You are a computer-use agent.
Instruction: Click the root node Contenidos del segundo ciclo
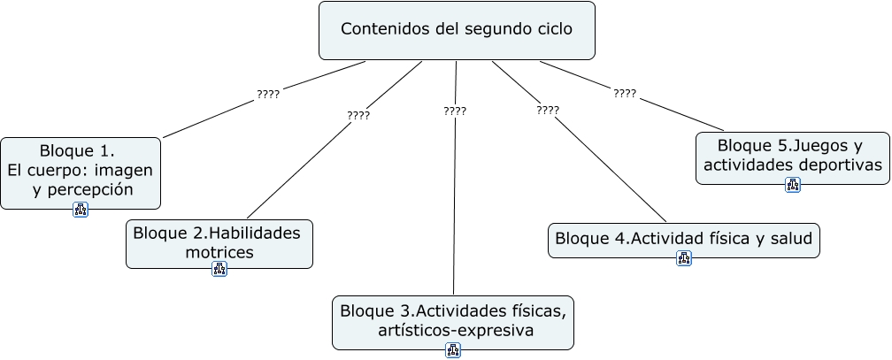click(x=456, y=29)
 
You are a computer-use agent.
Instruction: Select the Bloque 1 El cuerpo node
click(x=81, y=168)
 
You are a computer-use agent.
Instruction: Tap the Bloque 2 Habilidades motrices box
click(x=219, y=242)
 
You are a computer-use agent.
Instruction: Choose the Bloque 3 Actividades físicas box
click(x=452, y=321)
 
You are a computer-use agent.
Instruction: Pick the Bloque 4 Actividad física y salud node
click(x=683, y=239)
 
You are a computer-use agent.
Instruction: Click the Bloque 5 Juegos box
click(x=792, y=156)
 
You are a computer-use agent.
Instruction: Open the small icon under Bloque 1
click(x=81, y=210)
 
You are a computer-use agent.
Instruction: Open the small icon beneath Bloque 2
click(x=219, y=269)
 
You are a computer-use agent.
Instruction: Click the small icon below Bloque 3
click(x=453, y=350)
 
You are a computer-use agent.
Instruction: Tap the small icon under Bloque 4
click(x=684, y=258)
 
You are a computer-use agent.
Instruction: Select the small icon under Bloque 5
click(x=793, y=185)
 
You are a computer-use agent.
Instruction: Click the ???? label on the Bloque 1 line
click(x=267, y=93)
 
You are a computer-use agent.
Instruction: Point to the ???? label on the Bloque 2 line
click(x=358, y=115)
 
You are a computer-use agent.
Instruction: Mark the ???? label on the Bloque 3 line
click(x=455, y=111)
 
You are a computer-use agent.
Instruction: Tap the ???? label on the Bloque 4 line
click(x=548, y=111)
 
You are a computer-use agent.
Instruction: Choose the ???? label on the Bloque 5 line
click(x=625, y=93)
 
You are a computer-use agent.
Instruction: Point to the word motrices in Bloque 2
click(x=219, y=252)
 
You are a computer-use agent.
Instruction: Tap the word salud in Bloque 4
click(x=789, y=239)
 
